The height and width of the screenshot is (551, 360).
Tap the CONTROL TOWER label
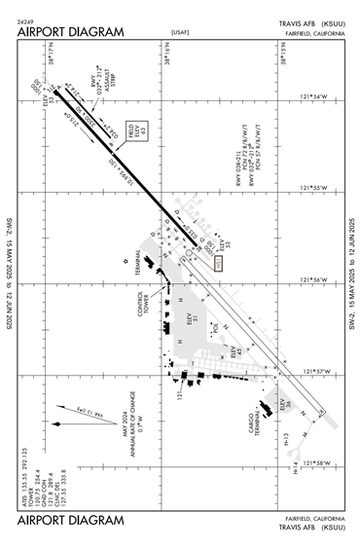tap(144, 305)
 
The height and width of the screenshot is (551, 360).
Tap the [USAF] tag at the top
tap(180, 32)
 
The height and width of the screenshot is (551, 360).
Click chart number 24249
tap(27, 20)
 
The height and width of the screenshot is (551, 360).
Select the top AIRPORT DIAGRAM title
tap(70, 32)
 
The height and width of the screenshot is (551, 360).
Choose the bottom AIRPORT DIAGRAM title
tap(70, 521)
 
